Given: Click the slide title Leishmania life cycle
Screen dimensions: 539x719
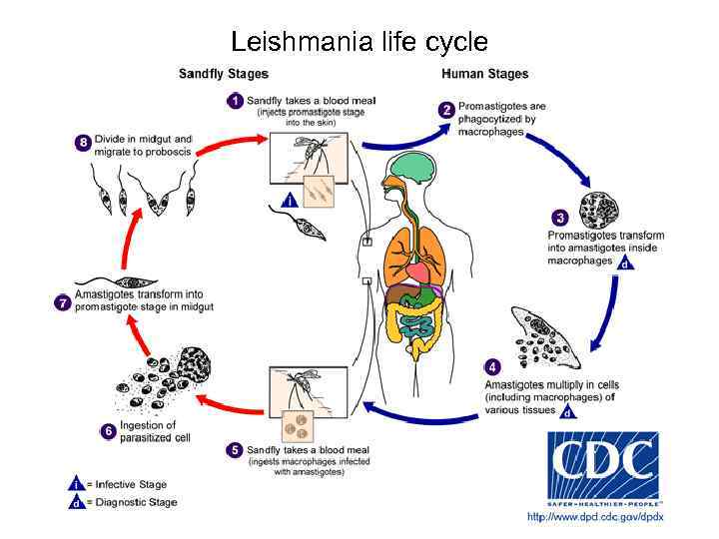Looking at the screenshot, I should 359,42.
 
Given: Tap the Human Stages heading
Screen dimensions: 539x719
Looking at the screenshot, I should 484,74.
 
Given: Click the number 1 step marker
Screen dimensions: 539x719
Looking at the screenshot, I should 235,101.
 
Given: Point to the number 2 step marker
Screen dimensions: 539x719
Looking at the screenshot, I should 447,110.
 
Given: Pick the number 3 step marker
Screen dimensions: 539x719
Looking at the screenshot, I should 560,218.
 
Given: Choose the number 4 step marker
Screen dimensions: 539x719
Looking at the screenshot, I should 493,367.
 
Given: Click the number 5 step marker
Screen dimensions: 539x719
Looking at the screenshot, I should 234,450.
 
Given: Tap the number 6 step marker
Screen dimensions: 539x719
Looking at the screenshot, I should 108,431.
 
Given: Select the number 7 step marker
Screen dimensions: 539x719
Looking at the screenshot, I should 64,300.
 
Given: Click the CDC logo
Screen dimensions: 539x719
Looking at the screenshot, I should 602,466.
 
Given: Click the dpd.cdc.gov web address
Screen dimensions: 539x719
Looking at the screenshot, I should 595,516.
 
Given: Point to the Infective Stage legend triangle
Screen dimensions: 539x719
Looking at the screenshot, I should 75,484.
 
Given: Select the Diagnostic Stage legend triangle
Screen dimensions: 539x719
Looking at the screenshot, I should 75,502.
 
